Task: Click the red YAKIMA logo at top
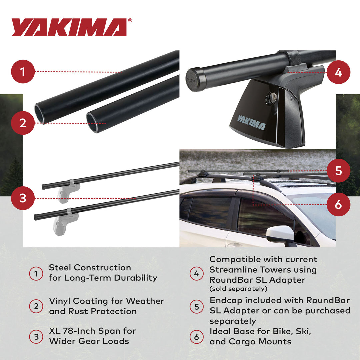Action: pyautogui.click(x=69, y=27)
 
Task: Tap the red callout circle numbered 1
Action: pyautogui.click(x=23, y=72)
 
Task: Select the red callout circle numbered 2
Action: pyautogui.click(x=23, y=123)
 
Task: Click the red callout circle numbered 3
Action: pyautogui.click(x=23, y=198)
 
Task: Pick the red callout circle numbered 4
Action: pyautogui.click(x=338, y=72)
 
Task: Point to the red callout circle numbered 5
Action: pyautogui.click(x=338, y=171)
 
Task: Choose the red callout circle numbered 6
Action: pyautogui.click(x=338, y=204)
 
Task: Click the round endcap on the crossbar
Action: pyautogui.click(x=193, y=80)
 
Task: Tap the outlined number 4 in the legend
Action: pyautogui.click(x=196, y=274)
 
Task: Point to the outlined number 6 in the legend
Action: pyautogui.click(x=196, y=337)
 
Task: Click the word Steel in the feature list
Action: pyautogui.click(x=60, y=268)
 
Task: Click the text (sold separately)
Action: pyautogui.click(x=238, y=289)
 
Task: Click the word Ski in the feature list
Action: pyautogui.click(x=303, y=332)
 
